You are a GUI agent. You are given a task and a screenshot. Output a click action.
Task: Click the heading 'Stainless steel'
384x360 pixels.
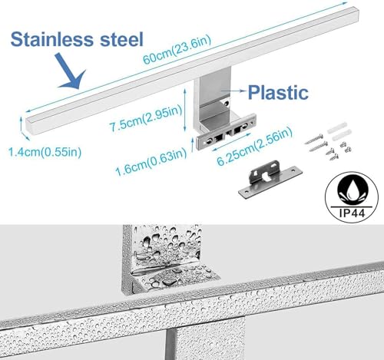77,39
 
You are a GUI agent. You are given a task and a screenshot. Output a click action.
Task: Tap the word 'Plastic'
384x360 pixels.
278,92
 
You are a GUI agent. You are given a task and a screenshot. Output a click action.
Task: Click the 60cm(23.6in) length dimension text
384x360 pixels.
177,50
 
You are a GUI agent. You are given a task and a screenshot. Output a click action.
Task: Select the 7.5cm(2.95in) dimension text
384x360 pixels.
145,118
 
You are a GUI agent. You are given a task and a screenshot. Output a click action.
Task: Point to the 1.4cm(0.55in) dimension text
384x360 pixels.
45,152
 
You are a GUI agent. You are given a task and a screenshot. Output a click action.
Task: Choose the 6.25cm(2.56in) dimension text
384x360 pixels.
255,146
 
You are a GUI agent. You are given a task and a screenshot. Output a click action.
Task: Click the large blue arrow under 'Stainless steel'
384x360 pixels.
71,71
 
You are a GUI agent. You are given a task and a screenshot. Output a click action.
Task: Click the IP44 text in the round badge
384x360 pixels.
352,213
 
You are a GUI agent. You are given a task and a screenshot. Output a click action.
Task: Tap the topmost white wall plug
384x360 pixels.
337,127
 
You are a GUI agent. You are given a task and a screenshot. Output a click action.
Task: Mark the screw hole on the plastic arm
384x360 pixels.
226,104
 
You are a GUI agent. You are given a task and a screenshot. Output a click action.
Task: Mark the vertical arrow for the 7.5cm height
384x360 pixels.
185,110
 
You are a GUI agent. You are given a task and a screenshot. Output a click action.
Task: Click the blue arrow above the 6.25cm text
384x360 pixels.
231,142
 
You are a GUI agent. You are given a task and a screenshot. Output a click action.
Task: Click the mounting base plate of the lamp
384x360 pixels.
227,132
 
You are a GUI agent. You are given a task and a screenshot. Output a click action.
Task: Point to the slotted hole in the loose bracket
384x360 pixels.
266,176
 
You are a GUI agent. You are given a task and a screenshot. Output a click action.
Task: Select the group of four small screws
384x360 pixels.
339,150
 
